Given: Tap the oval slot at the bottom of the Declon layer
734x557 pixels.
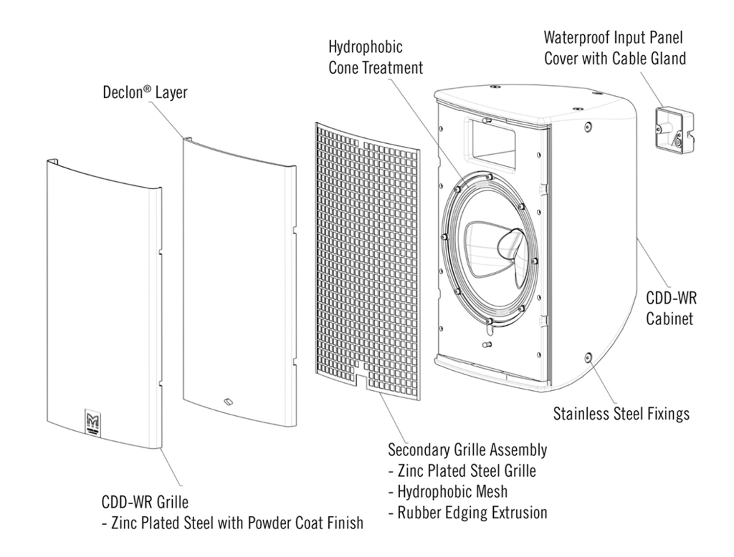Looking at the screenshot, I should (228, 402).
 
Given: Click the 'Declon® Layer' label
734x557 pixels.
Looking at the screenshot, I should (145, 92).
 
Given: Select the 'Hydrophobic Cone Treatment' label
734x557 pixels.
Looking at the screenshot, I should (375, 57).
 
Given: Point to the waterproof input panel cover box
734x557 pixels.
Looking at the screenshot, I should (674, 129).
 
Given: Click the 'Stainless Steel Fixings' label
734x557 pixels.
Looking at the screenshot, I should (621, 414).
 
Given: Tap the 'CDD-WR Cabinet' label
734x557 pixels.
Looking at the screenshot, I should (671, 308).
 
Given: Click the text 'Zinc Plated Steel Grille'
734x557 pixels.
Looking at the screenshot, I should (466, 470).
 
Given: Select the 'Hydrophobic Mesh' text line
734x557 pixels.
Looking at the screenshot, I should (452, 491).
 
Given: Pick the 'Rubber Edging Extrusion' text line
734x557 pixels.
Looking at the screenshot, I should (472, 512).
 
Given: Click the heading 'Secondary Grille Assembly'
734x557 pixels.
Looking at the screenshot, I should (467, 449).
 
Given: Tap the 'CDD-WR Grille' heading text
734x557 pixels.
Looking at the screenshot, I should (145, 502).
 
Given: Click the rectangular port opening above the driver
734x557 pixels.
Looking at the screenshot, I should (493, 140).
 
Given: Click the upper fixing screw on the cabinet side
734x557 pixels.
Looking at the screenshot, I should (588, 127).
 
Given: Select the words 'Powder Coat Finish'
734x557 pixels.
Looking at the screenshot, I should (305, 523).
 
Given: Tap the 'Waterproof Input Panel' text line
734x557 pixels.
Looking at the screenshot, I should (613, 37).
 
